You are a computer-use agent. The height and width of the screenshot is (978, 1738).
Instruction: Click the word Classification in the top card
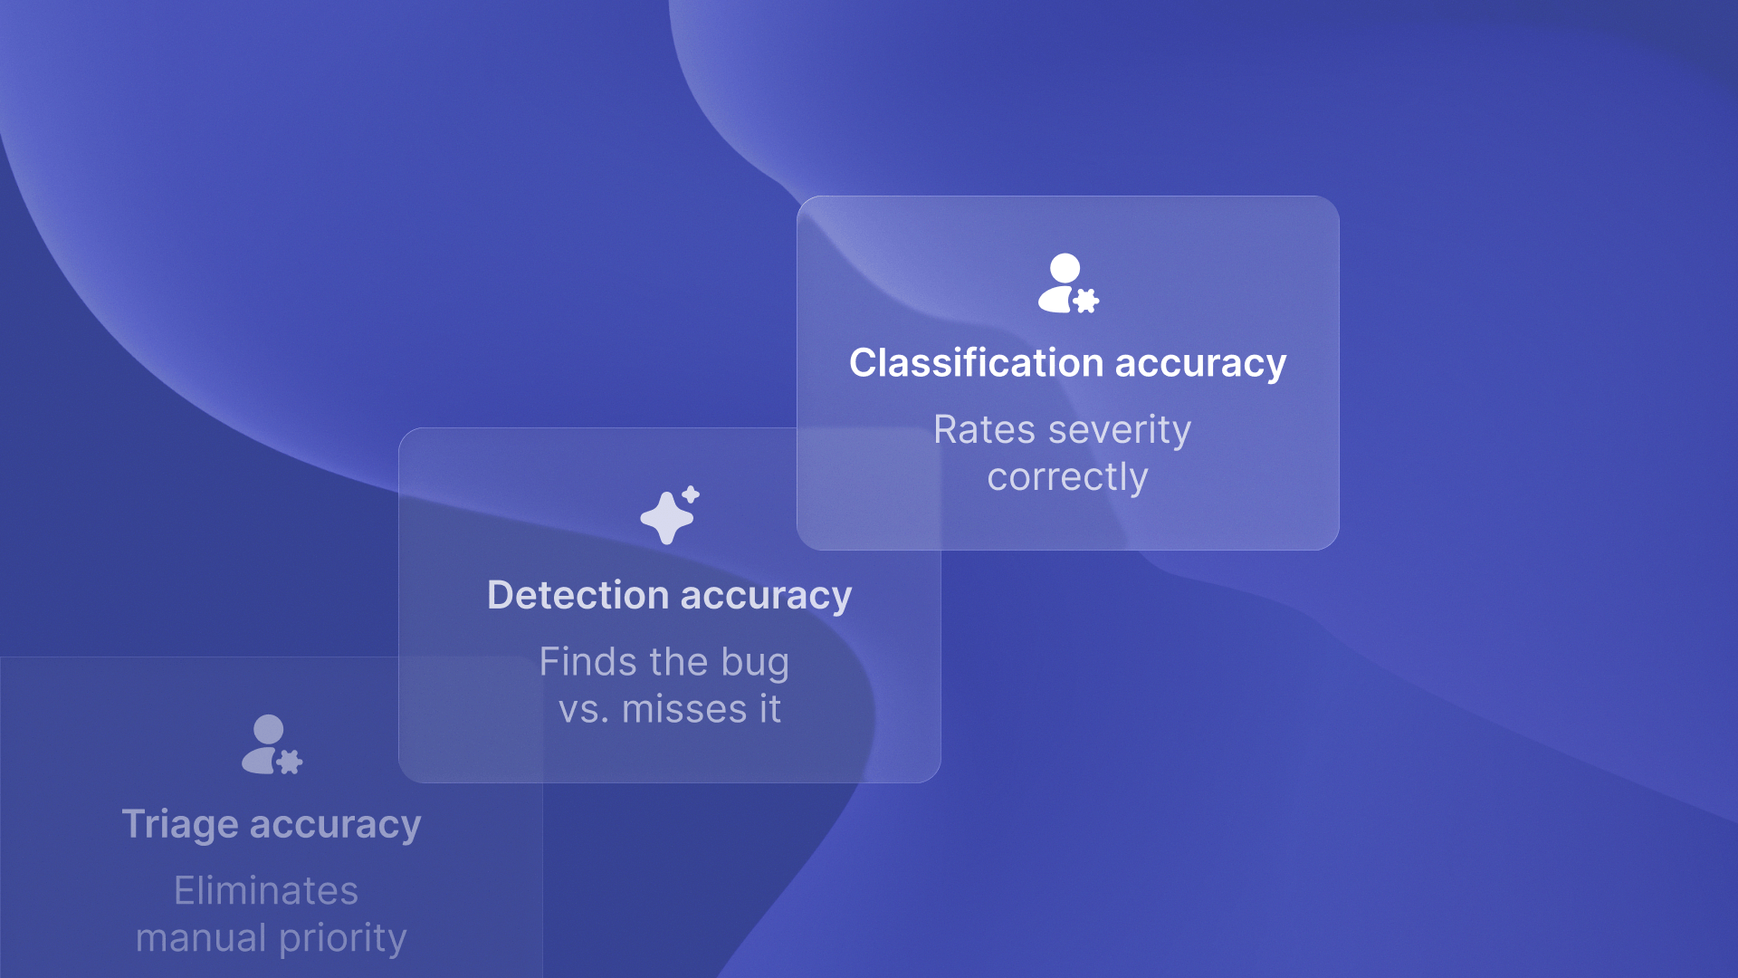click(976, 363)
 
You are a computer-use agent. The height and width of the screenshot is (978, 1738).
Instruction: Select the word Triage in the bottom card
click(179, 825)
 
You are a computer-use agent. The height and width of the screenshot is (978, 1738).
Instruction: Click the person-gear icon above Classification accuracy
click(1067, 283)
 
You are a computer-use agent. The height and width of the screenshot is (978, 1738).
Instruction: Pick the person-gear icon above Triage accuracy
click(271, 744)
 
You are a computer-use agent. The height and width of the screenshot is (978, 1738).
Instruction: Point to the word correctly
click(1067, 477)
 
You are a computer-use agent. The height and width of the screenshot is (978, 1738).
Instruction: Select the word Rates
click(984, 430)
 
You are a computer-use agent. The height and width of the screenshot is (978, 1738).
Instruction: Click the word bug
click(755, 663)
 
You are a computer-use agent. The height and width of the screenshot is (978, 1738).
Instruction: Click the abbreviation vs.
click(583, 710)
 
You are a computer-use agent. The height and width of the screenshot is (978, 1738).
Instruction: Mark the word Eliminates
click(266, 891)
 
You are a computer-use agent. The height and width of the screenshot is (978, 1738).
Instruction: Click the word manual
click(201, 938)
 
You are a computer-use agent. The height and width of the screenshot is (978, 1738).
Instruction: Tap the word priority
click(343, 939)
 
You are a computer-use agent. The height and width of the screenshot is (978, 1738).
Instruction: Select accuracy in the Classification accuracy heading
click(1200, 364)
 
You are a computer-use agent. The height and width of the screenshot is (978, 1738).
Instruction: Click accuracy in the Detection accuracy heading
click(766, 597)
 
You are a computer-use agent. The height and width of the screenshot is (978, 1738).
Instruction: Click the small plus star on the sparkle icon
click(691, 494)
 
